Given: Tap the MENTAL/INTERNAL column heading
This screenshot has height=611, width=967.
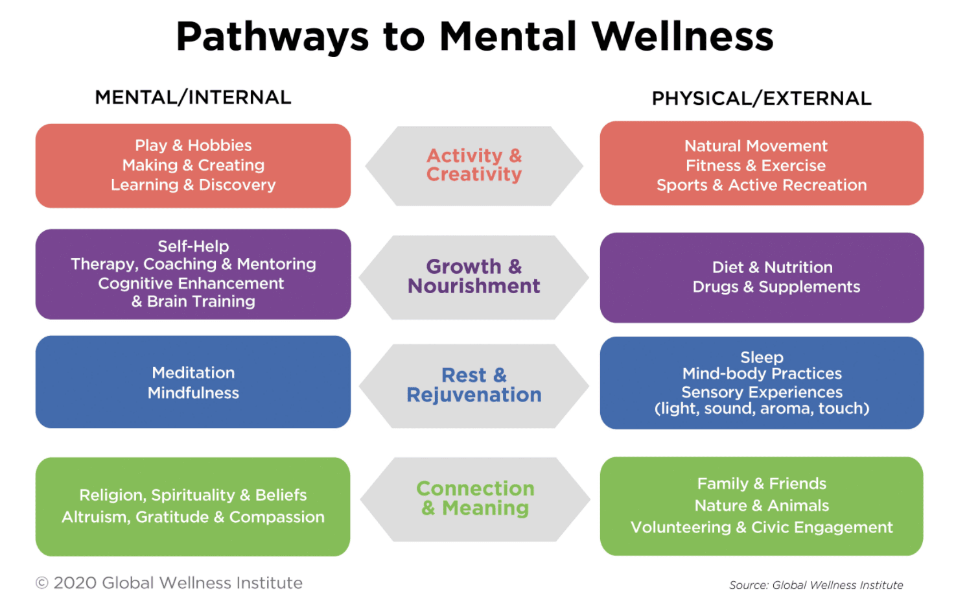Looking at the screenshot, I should tap(193, 97).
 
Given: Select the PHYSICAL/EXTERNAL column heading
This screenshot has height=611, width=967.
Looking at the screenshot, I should tap(762, 99).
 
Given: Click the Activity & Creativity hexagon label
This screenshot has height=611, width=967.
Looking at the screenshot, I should tap(474, 165).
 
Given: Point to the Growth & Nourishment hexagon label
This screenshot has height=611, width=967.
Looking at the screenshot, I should tap(474, 276).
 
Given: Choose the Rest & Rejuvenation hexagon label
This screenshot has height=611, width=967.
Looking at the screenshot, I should tap(474, 385).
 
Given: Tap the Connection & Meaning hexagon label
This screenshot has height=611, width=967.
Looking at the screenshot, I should tap(475, 498).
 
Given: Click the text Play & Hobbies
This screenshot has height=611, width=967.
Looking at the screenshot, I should tap(193, 145).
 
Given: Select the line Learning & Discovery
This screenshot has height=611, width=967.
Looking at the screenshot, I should tap(193, 185).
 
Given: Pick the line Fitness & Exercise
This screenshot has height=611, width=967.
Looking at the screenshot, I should tap(756, 165).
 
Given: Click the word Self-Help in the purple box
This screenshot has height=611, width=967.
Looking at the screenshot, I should tap(193, 246).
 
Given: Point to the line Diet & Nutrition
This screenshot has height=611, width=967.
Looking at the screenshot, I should tap(772, 267).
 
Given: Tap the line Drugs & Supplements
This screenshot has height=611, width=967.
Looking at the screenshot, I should tap(776, 287).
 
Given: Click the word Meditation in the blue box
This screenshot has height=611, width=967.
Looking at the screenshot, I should tap(193, 373).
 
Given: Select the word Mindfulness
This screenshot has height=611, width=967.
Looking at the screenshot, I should tap(193, 393).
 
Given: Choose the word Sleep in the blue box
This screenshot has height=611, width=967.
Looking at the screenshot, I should tap(762, 357).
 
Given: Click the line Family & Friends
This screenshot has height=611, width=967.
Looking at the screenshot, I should tap(762, 484).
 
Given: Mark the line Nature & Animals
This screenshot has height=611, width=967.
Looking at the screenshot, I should tap(762, 506).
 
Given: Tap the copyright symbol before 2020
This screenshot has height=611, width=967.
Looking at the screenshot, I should tap(42, 583).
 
